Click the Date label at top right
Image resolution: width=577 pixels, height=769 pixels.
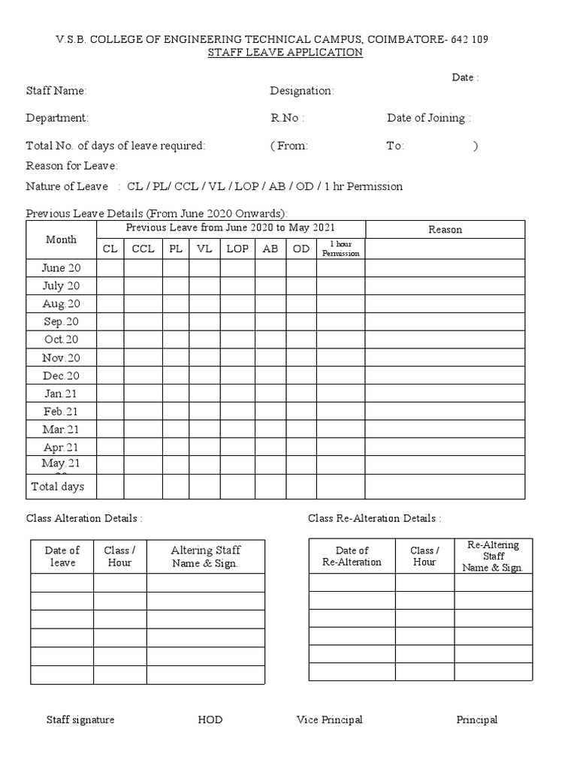pos(465,77)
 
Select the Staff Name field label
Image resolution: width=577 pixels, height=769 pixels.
pos(56,91)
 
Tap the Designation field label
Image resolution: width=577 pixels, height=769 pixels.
pos(302,91)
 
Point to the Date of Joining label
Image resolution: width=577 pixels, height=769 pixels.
pos(429,118)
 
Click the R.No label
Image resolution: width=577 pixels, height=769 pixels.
pos(287,118)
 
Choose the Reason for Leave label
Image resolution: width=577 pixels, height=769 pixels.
pos(72,165)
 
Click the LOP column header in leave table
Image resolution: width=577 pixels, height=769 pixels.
pos(238,249)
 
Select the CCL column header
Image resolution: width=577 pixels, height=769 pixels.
pos(143,249)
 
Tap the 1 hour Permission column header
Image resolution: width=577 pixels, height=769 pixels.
pos(340,249)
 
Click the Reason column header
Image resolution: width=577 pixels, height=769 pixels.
pos(445,230)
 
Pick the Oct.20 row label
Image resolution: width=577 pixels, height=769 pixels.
pos(62,339)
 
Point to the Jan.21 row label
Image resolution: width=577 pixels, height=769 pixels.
pos(62,394)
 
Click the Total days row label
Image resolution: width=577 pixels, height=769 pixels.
pos(58,487)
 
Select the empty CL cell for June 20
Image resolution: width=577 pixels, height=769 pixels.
pos(110,268)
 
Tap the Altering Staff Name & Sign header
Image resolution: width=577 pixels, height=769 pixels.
pos(205,556)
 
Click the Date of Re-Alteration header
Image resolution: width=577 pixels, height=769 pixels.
pos(352,556)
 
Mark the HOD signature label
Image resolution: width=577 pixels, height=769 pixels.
pos(210,719)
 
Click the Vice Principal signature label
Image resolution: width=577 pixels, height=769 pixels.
pos(329,719)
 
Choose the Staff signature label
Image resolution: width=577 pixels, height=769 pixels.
pos(80,719)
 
